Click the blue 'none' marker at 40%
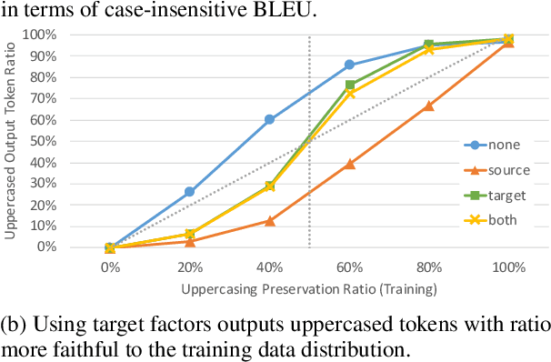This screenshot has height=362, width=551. pyautogui.click(x=270, y=119)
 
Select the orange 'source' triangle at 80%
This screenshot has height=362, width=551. pyautogui.click(x=428, y=106)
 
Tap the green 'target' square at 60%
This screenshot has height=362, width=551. pyautogui.click(x=349, y=85)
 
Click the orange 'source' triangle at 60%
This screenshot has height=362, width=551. pyautogui.click(x=349, y=164)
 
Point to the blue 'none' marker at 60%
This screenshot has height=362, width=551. pyautogui.click(x=349, y=65)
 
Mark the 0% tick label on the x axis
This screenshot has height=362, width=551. pyautogui.click(x=109, y=268)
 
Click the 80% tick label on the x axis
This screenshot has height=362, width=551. pyautogui.click(x=429, y=268)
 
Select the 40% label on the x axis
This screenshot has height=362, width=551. pyautogui.click(x=269, y=268)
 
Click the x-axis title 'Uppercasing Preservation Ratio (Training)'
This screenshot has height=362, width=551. pyautogui.click(x=309, y=289)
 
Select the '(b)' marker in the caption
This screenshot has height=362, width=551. pyautogui.click(x=14, y=325)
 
